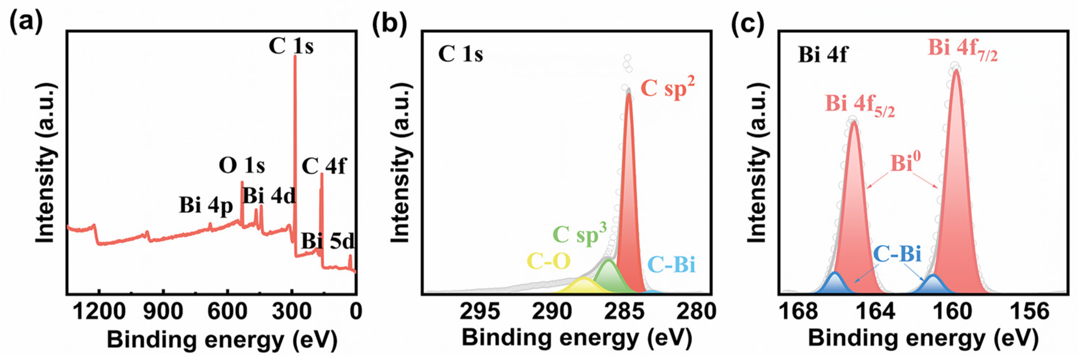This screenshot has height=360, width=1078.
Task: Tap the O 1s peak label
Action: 242,166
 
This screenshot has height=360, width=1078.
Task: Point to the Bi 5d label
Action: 328,241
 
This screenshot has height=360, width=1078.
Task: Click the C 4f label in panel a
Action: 323,167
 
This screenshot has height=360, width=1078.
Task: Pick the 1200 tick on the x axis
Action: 99,311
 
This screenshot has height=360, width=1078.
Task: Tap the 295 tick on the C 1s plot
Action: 480,311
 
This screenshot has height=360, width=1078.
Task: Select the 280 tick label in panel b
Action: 696,311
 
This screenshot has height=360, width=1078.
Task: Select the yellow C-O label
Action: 548,261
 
